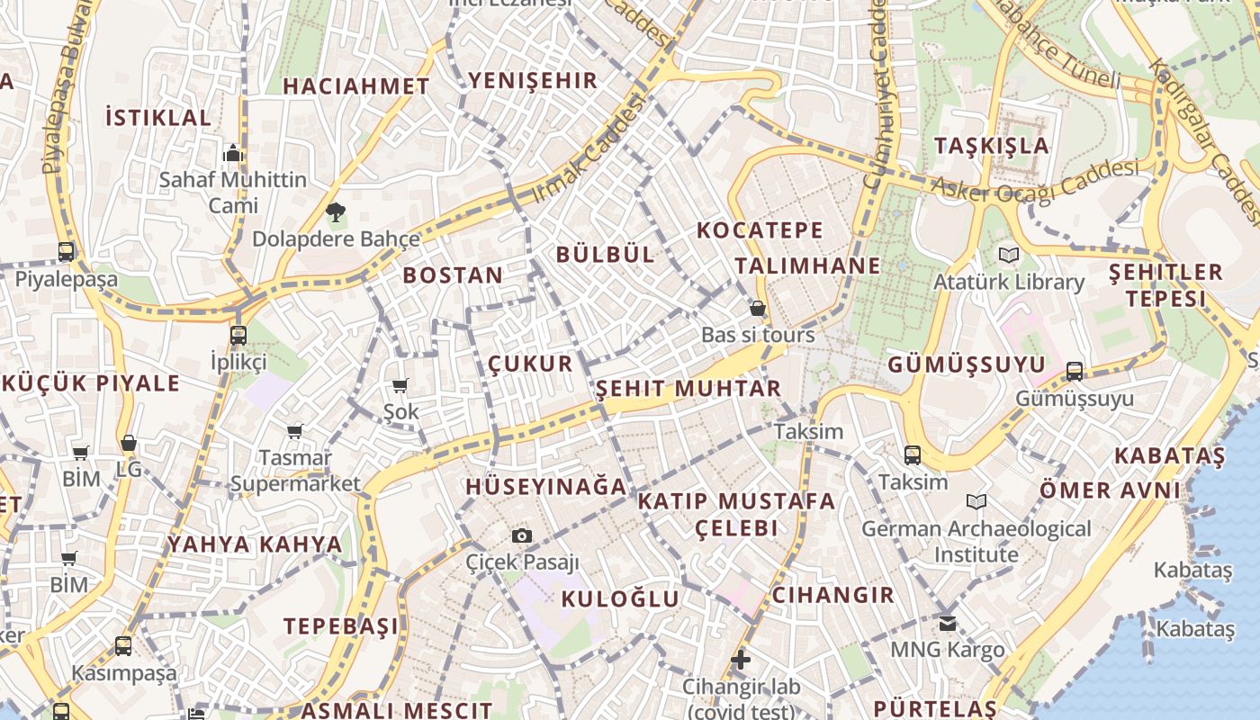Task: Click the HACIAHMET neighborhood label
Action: coord(356,86)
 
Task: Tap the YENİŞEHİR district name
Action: coord(533,80)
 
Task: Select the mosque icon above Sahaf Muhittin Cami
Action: coord(233,153)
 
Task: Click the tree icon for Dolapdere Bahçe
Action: coord(336,213)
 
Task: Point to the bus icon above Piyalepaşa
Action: coord(66,252)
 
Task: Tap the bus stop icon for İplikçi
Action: coord(238,336)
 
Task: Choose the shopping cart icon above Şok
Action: coord(400,386)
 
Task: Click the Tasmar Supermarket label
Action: coord(295,471)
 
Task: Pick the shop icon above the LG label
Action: coord(129,444)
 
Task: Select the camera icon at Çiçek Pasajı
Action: coord(521,536)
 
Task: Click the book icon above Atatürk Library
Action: coord(1009,256)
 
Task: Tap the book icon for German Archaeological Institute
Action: coord(976,501)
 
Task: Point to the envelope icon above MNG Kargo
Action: coord(947,623)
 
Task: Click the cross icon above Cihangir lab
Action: coord(741,660)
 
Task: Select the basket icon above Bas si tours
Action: coord(758,309)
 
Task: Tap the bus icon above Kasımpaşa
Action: coord(123,646)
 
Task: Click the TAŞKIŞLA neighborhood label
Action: coord(992,146)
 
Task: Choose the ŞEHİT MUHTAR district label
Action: coord(688,389)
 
